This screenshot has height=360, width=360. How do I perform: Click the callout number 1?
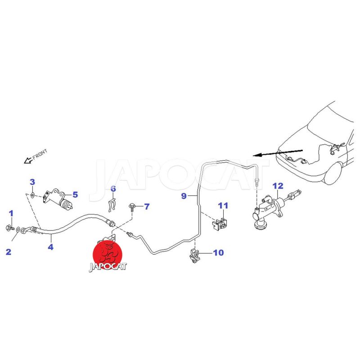(11, 213)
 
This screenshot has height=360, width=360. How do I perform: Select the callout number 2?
(9, 252)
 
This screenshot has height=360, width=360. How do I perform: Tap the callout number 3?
(32, 182)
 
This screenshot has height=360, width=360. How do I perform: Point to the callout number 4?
(50, 247)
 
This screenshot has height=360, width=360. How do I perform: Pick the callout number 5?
(75, 195)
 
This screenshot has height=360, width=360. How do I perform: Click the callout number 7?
(147, 207)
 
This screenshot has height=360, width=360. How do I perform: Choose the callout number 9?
(184, 196)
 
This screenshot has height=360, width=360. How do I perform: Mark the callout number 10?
(218, 252)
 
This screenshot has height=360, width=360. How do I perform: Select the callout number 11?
(223, 206)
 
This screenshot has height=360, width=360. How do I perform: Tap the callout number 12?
(278, 186)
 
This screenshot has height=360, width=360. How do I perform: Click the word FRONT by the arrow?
(40, 154)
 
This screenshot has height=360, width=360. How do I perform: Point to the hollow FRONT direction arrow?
(28, 160)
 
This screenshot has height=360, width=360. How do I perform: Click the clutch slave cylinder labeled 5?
(58, 199)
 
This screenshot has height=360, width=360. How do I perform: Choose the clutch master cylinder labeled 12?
(273, 208)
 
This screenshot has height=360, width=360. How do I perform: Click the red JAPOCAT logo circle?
(107, 255)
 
